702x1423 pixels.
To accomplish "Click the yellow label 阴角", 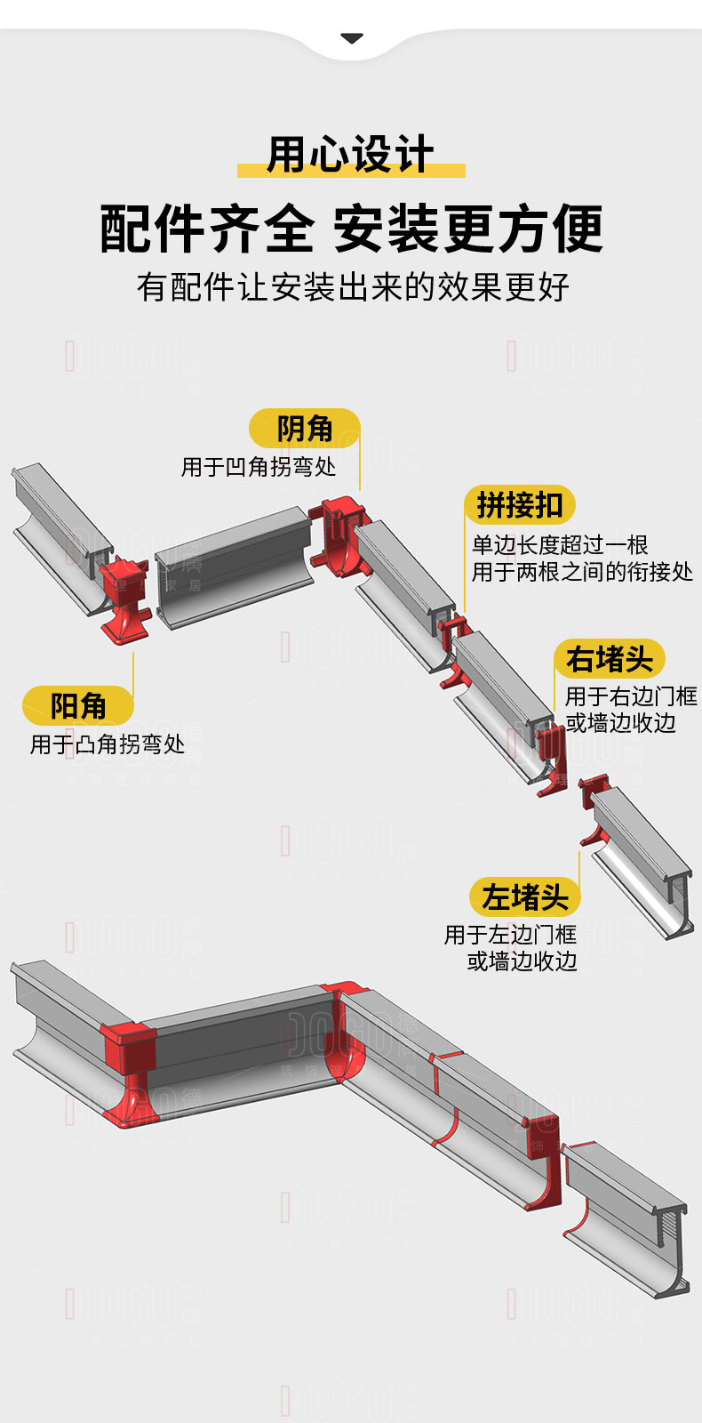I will click(304, 429).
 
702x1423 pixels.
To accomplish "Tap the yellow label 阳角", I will click(78, 706).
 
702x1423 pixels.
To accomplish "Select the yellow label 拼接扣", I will click(520, 505).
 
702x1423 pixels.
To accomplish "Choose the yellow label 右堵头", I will click(610, 659).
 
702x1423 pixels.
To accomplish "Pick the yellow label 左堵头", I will click(525, 897).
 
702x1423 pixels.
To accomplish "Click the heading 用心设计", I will click(351, 155).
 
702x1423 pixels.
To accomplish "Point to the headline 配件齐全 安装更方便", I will click(351, 229).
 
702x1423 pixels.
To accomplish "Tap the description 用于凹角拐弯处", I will click(259, 467).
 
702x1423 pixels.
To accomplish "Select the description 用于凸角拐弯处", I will click(108, 744).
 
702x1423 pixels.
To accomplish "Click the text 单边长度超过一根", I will click(560, 544).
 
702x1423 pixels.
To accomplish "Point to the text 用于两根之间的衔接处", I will click(582, 572).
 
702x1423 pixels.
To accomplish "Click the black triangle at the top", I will click(352, 38).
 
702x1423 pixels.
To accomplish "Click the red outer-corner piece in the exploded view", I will click(124, 596).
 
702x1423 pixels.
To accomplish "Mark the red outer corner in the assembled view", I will click(129, 1067).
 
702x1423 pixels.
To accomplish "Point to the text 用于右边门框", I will click(631, 696).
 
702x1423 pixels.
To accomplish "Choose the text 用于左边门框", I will click(510, 935).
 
